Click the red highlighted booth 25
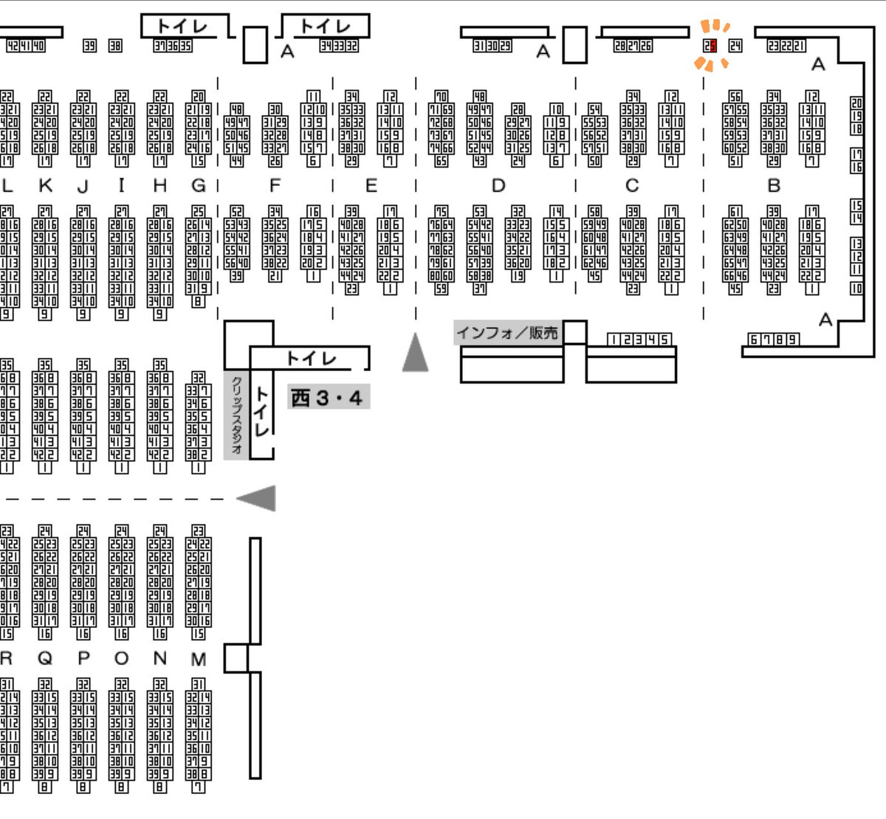[x=710, y=46]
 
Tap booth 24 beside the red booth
[x=735, y=46]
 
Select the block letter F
[x=275, y=185]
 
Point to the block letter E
[x=371, y=185]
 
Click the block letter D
[x=498, y=185]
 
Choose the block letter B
[x=774, y=185]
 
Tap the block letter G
[x=198, y=185]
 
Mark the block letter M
[x=198, y=659]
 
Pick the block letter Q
[x=45, y=659]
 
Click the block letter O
[x=122, y=659]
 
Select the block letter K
[x=45, y=185]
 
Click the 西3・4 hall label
[x=327, y=398]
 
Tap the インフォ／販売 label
[x=507, y=333]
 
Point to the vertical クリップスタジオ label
[x=236, y=415]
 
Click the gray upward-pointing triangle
[x=416, y=353]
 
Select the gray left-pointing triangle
[x=257, y=498]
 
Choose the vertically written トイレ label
[x=261, y=410]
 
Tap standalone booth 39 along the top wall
[x=89, y=46]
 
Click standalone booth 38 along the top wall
[x=115, y=46]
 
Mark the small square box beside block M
[x=236, y=657]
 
